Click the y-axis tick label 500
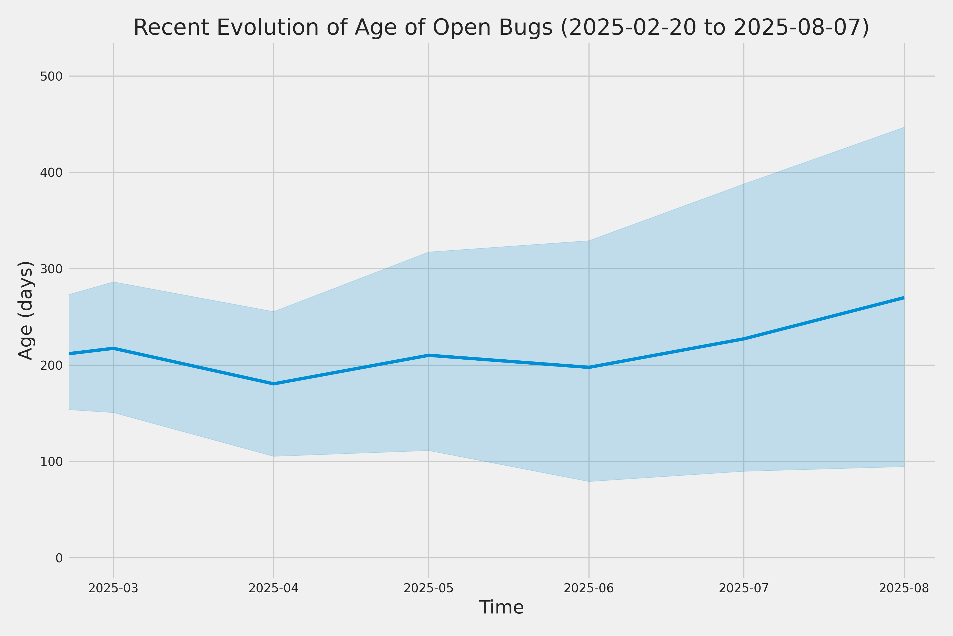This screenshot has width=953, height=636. click(x=51, y=76)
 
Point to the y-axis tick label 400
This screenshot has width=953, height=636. click(x=51, y=173)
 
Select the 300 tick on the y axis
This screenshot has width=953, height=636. click(x=51, y=269)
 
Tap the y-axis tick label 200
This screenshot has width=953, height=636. click(x=51, y=365)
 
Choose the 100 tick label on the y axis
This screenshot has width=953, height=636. click(x=51, y=462)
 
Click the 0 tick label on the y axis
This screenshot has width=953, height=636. click(x=59, y=558)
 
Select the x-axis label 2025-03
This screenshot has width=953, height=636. click(x=114, y=589)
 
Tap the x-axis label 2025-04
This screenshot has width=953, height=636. click(x=273, y=589)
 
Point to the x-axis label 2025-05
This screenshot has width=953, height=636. click(x=429, y=589)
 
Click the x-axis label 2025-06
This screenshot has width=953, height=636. click(x=589, y=589)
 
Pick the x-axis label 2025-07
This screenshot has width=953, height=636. click(x=744, y=589)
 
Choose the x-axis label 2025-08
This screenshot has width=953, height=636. click(x=904, y=589)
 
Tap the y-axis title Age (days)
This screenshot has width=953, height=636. click(x=26, y=310)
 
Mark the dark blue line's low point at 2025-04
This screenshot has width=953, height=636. click(x=273, y=384)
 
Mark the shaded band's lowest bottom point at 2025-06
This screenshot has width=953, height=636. click(x=589, y=482)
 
